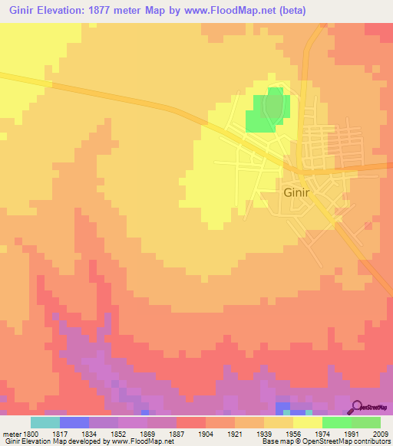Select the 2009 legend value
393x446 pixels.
click(x=381, y=433)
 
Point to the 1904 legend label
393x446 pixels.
click(x=206, y=433)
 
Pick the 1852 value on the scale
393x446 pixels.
click(x=118, y=433)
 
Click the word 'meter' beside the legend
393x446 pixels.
click(x=11, y=433)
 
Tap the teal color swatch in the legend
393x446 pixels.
click(x=45, y=422)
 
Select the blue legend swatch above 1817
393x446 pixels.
click(x=74, y=422)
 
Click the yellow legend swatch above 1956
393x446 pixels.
click(x=279, y=422)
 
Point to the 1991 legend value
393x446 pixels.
click(x=352, y=433)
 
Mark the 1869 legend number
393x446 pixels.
click(x=147, y=433)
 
